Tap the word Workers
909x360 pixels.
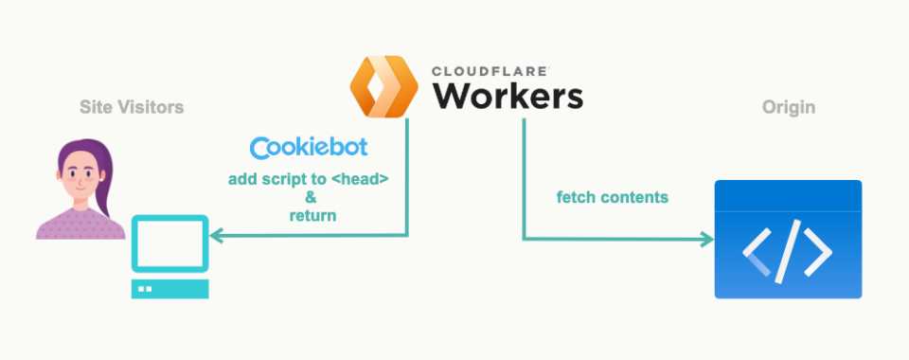pyautogui.click(x=507, y=97)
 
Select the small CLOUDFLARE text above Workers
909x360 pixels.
pyautogui.click(x=491, y=71)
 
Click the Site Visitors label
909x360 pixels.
pyautogui.click(x=132, y=108)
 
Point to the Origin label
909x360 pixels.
pyautogui.click(x=788, y=108)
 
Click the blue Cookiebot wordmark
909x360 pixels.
pyautogui.click(x=309, y=149)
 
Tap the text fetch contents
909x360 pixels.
pyautogui.click(x=613, y=198)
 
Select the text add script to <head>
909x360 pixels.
pyautogui.click(x=308, y=179)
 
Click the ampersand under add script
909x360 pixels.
pyautogui.click(x=309, y=197)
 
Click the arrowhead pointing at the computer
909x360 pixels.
pyautogui.click(x=216, y=236)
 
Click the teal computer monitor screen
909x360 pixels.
pyautogui.click(x=169, y=244)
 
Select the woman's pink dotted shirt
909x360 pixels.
pyautogui.click(x=80, y=225)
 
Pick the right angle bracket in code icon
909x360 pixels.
pyautogui.click(x=819, y=252)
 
